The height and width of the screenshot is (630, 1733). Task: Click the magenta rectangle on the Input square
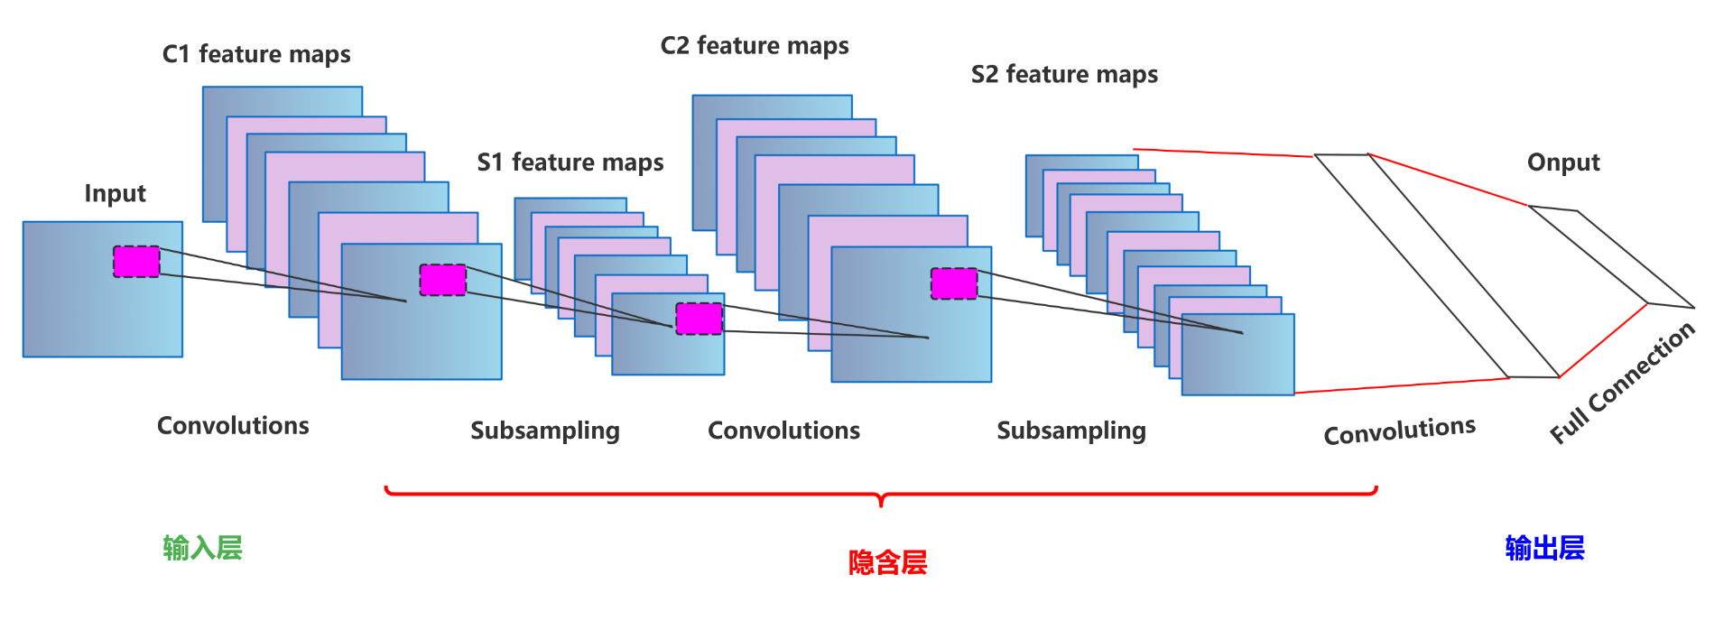click(x=136, y=262)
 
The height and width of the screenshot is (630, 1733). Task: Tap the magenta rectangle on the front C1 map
click(x=443, y=280)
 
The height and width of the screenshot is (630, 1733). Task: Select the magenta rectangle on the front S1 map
click(x=700, y=319)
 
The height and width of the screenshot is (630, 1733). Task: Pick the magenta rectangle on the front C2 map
click(x=954, y=283)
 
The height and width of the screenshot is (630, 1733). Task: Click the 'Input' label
click(x=115, y=194)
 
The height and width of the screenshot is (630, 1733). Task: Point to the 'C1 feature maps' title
click(x=256, y=55)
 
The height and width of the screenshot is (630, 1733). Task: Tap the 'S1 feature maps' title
click(x=570, y=162)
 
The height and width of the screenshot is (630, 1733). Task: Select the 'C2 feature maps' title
click(x=755, y=46)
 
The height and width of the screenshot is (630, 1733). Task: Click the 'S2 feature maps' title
click(x=1064, y=75)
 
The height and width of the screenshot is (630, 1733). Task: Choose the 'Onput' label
click(x=1563, y=162)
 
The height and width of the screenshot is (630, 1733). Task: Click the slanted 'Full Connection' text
click(x=1622, y=383)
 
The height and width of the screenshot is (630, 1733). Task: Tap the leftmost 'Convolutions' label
click(x=233, y=426)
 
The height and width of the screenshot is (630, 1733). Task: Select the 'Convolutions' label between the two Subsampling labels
click(x=783, y=431)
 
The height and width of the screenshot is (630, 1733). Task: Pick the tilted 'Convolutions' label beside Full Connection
click(x=1399, y=431)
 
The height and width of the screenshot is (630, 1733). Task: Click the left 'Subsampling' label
click(x=545, y=431)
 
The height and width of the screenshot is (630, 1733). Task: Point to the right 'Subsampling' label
click(x=1071, y=431)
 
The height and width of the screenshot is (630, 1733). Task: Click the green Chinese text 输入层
click(x=202, y=548)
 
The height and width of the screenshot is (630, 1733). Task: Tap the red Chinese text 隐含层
click(x=887, y=562)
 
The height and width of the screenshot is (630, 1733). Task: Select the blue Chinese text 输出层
click(x=1544, y=548)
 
